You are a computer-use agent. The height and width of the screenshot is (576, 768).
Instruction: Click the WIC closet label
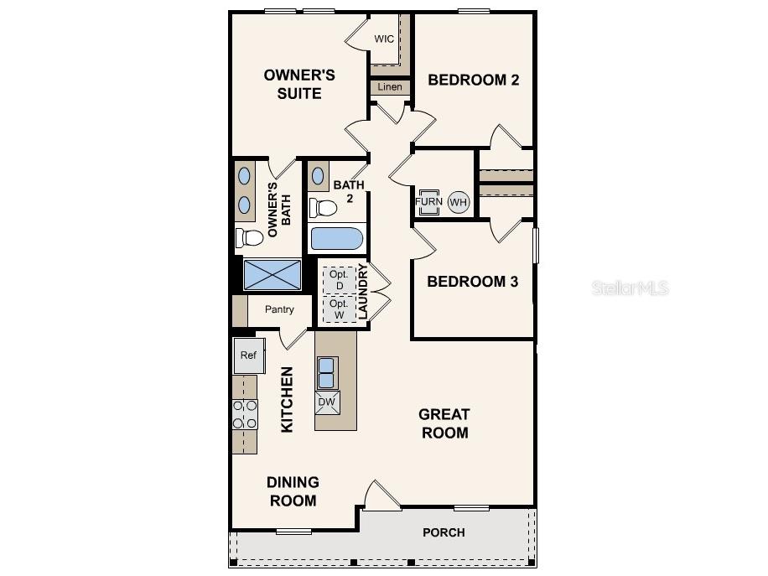384,39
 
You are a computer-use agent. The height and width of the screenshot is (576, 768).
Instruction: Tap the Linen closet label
390,87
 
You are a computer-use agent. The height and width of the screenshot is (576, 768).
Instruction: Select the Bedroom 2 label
473,80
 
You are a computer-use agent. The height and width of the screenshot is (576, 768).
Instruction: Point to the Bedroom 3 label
473,282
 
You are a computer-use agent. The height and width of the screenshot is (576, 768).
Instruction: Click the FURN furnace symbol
428,202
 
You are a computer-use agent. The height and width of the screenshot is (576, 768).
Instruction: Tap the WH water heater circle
459,202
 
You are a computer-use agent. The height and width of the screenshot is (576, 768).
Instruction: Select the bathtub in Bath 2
337,239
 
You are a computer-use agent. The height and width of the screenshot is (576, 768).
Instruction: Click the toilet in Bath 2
323,207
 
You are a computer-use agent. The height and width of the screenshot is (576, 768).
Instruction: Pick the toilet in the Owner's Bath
248,237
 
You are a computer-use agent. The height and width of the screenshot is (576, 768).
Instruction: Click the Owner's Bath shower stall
272,274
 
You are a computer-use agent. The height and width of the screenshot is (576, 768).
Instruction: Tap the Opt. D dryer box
338,280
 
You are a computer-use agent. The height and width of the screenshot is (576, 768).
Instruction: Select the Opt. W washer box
338,309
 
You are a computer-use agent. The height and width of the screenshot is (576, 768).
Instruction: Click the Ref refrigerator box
248,355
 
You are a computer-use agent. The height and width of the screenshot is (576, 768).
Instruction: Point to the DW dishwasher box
327,402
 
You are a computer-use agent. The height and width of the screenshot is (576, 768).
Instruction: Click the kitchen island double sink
327,372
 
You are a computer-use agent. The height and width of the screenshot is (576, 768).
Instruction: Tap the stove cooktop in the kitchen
245,415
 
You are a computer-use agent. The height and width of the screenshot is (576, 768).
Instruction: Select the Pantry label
279,309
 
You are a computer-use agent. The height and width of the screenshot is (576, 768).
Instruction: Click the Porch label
444,532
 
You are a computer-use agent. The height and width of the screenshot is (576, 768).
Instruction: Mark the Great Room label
444,423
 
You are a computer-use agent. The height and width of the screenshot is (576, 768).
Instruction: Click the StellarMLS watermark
630,288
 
